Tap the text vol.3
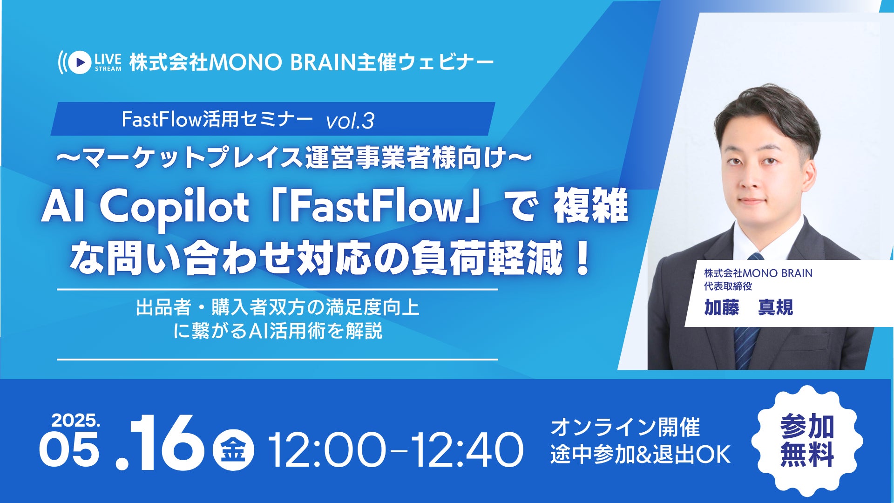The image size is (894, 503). [x=350, y=121]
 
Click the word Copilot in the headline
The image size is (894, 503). [x=174, y=208]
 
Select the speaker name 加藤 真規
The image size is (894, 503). [x=748, y=308]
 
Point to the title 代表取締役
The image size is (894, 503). [x=728, y=286]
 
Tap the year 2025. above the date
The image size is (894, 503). [x=76, y=421]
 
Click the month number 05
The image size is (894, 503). [x=69, y=449]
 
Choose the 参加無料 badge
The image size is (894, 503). [x=807, y=441]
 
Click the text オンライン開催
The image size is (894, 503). [x=625, y=428]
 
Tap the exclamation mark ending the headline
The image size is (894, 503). [x=582, y=260]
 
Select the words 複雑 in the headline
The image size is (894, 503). [x=590, y=208]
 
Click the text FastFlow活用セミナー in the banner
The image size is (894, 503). [x=217, y=120]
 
